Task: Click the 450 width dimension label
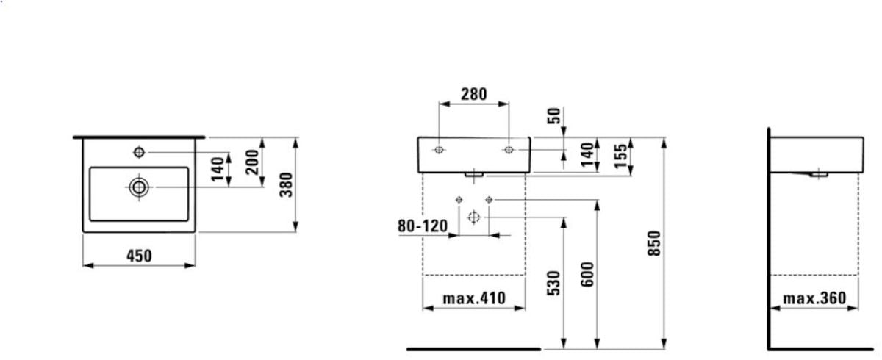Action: [x=139, y=256]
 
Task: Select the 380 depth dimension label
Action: [x=286, y=185]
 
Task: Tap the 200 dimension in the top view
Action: [x=252, y=162]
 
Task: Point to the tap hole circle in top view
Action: [x=139, y=152]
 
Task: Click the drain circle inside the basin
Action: [x=139, y=187]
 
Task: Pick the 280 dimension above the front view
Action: [x=473, y=95]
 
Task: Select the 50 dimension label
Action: [x=554, y=116]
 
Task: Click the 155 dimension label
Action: [x=621, y=156]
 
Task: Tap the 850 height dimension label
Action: [x=654, y=243]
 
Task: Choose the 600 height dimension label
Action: [x=587, y=275]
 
